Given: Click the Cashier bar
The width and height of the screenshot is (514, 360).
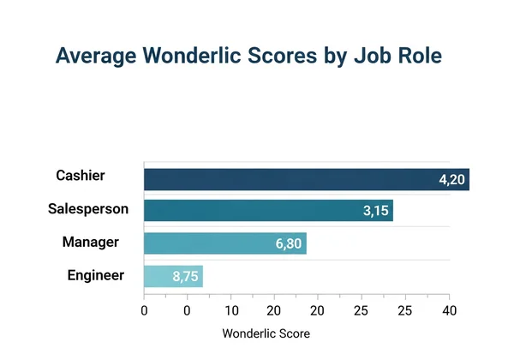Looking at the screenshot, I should pos(306,179).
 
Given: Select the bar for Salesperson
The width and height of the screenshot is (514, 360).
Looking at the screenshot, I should pos(268,211).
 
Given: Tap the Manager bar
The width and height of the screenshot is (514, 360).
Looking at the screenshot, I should pos(224,243).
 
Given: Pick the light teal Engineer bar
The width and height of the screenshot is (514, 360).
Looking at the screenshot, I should pos(173,276).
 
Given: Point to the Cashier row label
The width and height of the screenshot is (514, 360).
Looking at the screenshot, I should pos(81,176).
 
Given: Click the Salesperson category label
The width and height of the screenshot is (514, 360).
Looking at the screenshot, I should pos(88,208).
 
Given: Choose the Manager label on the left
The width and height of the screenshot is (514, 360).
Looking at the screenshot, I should pos(90,242).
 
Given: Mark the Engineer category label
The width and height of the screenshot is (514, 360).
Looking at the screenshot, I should pos(96,275).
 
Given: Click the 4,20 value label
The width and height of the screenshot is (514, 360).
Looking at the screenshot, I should pos(451,180).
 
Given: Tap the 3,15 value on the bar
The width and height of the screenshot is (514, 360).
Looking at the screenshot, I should pos(374,212).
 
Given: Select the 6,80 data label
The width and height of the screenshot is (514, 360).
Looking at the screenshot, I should pos(289,244).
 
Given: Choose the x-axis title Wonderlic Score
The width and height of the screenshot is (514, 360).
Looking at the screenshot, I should pos(266,333).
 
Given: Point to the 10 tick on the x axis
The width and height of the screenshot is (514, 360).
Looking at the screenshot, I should pos(231,309).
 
